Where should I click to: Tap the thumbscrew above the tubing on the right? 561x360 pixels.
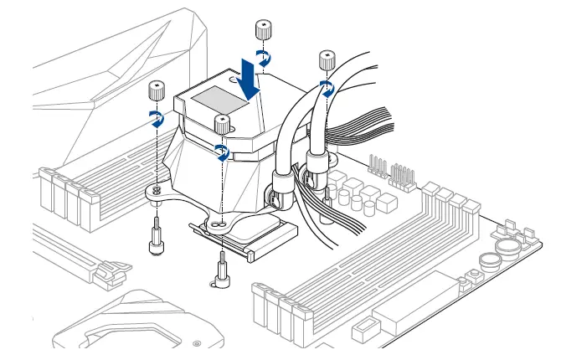click(327, 61)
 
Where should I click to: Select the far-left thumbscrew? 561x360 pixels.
click(155, 90)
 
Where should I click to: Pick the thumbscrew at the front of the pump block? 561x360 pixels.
click(222, 124)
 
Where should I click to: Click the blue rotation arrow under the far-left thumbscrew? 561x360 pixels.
click(156, 117)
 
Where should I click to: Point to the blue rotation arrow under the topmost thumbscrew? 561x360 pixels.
click(263, 58)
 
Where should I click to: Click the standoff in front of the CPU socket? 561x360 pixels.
click(221, 271)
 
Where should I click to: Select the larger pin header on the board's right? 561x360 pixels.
click(404, 174)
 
